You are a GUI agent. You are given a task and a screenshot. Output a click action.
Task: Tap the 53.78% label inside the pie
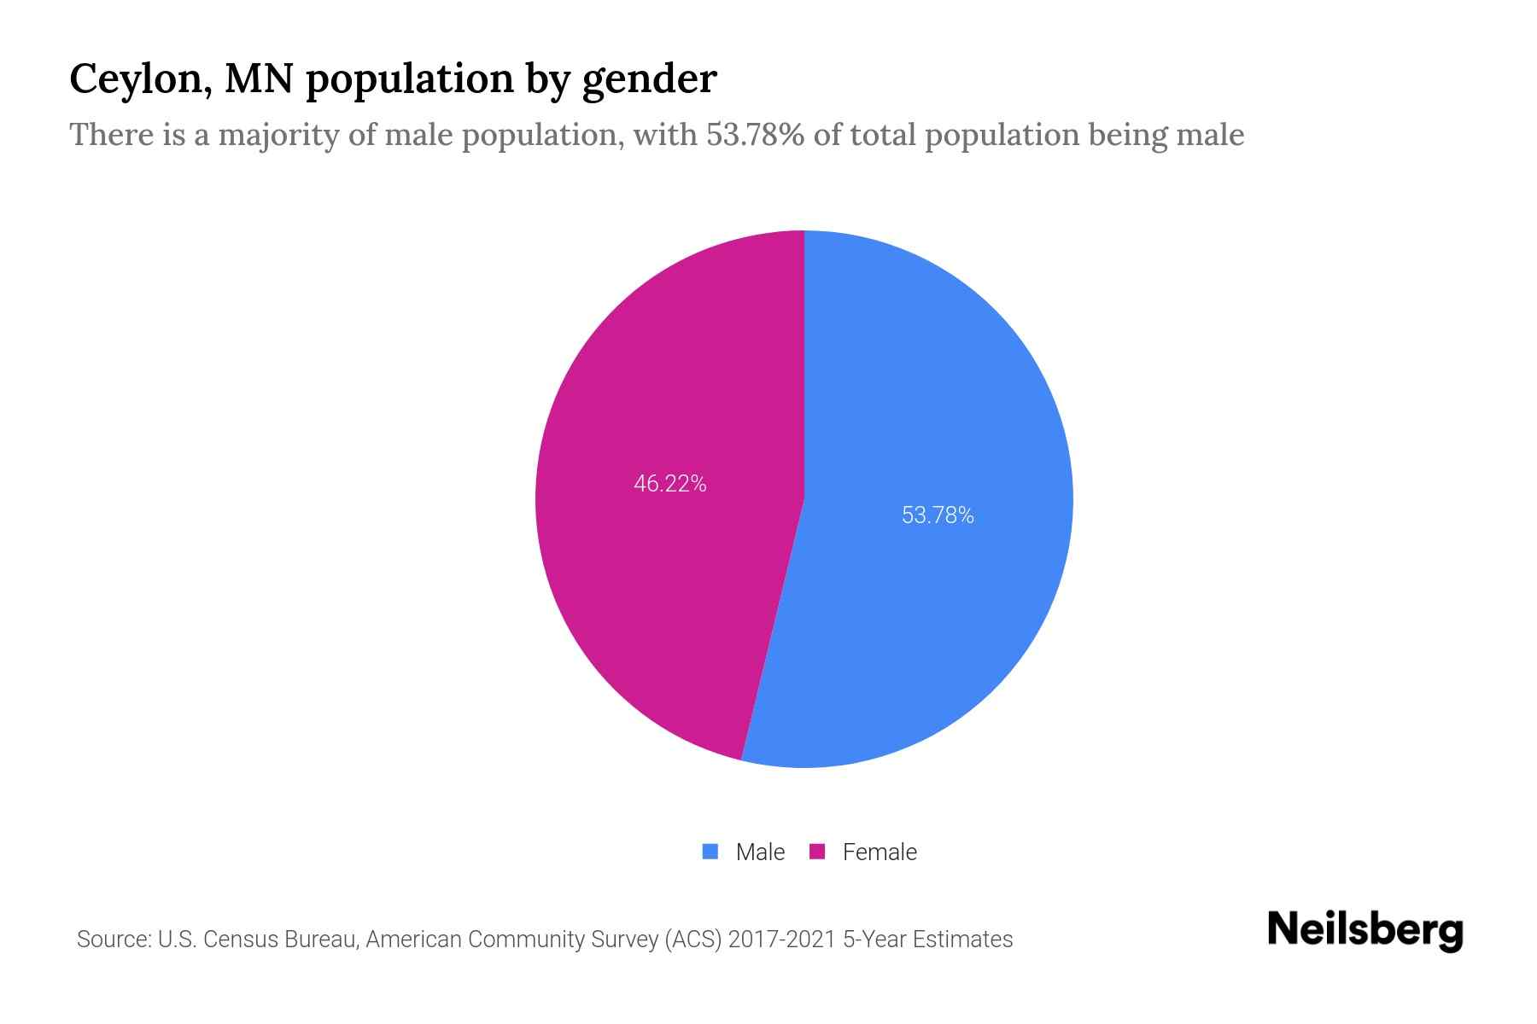(938, 515)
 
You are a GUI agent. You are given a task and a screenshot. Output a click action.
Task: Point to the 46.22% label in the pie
(669, 484)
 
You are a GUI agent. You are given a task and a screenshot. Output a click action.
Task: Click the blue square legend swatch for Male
(710, 852)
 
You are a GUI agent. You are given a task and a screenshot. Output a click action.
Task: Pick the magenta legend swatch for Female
(817, 852)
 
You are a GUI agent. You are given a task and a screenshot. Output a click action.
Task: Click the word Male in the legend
(760, 852)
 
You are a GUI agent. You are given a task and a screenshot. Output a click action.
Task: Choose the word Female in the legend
(880, 852)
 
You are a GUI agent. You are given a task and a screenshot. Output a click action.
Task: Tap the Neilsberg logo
(1365, 930)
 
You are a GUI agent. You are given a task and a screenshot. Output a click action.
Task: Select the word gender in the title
(649, 79)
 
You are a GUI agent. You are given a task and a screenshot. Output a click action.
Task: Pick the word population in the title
(410, 79)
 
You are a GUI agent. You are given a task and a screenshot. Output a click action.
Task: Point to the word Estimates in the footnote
(962, 940)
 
